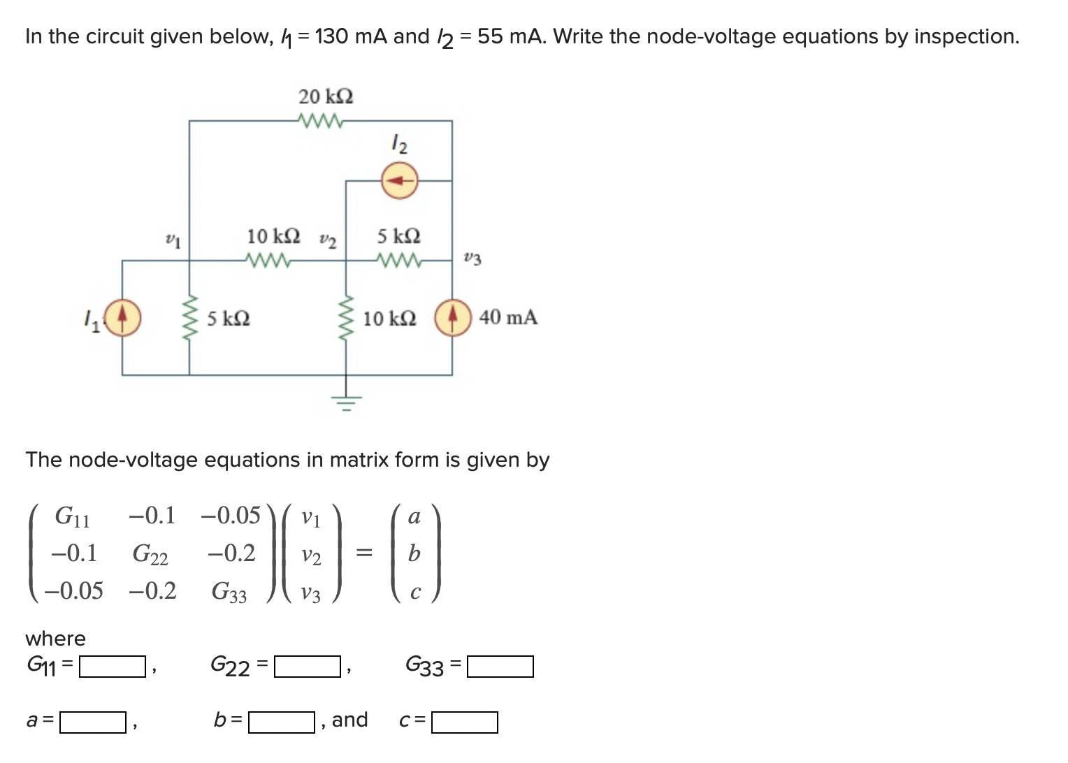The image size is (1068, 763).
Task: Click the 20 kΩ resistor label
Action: (326, 96)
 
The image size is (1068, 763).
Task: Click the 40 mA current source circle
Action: (452, 318)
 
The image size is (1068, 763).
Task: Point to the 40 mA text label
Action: (508, 317)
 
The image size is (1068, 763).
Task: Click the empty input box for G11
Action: (112, 667)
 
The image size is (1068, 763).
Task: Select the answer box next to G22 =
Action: (307, 667)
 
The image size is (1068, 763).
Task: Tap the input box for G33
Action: (500, 667)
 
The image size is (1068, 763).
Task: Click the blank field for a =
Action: (92, 722)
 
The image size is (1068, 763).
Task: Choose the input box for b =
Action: (282, 722)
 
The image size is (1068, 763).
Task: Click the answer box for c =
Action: (465, 722)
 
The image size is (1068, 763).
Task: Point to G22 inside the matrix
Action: (150, 555)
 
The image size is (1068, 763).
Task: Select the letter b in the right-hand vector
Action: (414, 554)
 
